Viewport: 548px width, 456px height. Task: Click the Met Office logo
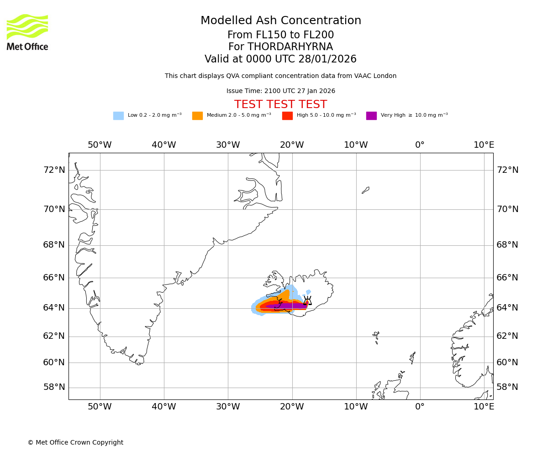click(x=27, y=32)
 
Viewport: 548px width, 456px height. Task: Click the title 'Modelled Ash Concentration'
click(x=280, y=21)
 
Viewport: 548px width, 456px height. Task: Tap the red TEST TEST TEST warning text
click(x=280, y=105)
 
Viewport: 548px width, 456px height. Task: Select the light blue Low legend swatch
click(x=118, y=116)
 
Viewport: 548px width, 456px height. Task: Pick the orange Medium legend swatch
click(x=197, y=116)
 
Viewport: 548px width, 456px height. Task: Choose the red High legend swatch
click(x=287, y=116)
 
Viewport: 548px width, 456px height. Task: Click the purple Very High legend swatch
click(x=371, y=116)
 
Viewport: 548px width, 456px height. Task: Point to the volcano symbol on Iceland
click(x=307, y=301)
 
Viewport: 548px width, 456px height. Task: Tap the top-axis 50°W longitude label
click(x=100, y=145)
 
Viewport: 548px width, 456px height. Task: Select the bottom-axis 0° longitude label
click(x=420, y=407)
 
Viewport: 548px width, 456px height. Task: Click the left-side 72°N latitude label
click(x=54, y=170)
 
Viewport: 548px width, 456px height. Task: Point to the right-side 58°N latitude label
click(x=507, y=387)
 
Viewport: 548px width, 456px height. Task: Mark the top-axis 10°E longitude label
click(x=484, y=145)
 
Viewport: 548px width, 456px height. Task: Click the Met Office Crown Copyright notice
click(x=75, y=443)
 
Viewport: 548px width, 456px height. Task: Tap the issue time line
click(x=280, y=91)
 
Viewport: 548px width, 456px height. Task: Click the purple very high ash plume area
click(x=288, y=306)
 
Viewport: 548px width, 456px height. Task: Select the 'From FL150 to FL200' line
click(x=280, y=35)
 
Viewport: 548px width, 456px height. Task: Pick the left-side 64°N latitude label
click(x=54, y=308)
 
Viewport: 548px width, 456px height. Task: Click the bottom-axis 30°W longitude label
click(x=228, y=407)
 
